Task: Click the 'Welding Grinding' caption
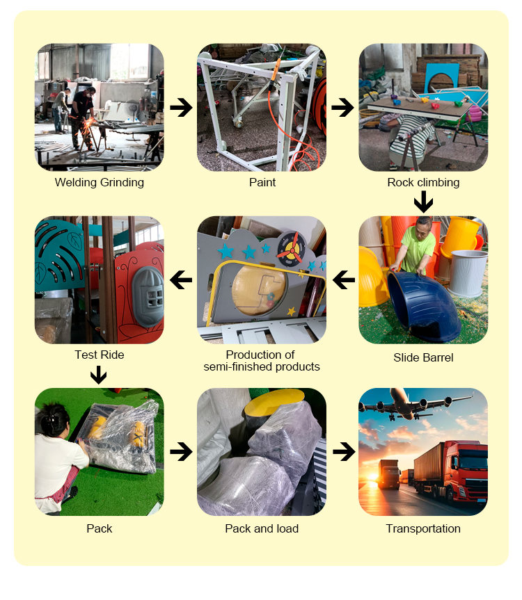click(x=100, y=183)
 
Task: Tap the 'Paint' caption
click(x=262, y=182)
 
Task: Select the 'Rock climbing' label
click(x=423, y=183)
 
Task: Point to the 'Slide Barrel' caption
click(x=423, y=357)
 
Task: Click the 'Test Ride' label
click(x=100, y=355)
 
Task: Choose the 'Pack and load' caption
click(x=262, y=528)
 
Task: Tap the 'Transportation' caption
click(x=423, y=528)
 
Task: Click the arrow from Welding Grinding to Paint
click(x=181, y=108)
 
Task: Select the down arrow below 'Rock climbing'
click(x=423, y=202)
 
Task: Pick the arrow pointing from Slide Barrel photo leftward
click(x=344, y=279)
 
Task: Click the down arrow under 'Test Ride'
click(x=99, y=375)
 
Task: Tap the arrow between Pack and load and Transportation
click(x=344, y=452)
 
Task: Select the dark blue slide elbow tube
click(x=424, y=305)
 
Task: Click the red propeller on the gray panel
click(x=291, y=248)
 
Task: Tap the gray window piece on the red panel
click(x=148, y=296)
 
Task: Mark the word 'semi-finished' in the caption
click(x=238, y=366)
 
